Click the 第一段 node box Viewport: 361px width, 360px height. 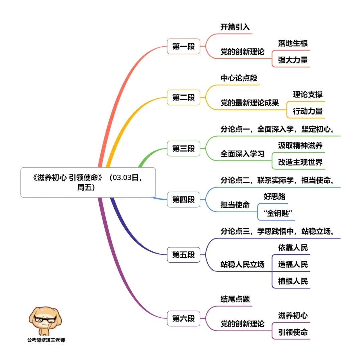(x=184, y=46)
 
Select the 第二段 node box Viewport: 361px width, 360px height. (x=184, y=98)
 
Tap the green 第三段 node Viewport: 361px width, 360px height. (x=184, y=149)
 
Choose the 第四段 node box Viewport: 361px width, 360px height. (x=184, y=200)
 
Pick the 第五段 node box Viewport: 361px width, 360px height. (x=184, y=255)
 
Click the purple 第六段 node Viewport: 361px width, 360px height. (x=184, y=318)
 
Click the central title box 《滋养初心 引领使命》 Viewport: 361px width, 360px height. (x=88, y=182)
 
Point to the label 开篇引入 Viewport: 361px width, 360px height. (x=235, y=27)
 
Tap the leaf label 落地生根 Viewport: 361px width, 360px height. (x=293, y=43)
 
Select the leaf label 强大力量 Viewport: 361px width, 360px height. (x=293, y=60)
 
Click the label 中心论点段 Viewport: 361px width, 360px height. (x=239, y=78)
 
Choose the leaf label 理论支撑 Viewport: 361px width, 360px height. (x=308, y=95)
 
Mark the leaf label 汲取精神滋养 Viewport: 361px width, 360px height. (x=300, y=146)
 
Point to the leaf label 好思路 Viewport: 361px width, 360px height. (x=275, y=196)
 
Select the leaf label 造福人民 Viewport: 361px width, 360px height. (x=293, y=264)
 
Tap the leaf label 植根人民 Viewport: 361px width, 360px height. (x=293, y=281)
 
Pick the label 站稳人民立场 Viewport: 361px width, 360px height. (x=242, y=264)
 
